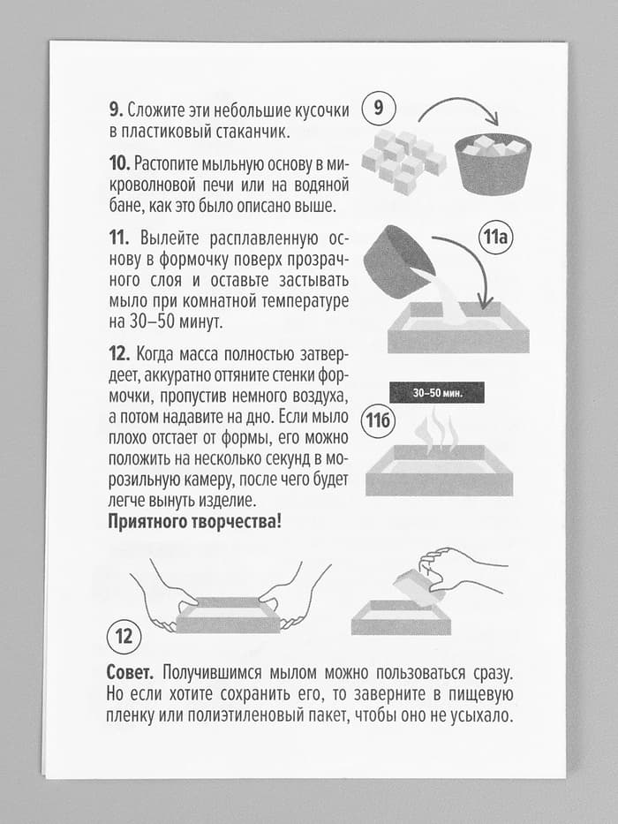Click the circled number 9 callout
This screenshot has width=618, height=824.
click(379, 110)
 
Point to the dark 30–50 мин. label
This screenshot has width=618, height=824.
click(438, 390)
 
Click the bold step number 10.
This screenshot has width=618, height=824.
click(119, 163)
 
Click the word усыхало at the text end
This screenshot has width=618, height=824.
click(480, 714)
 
